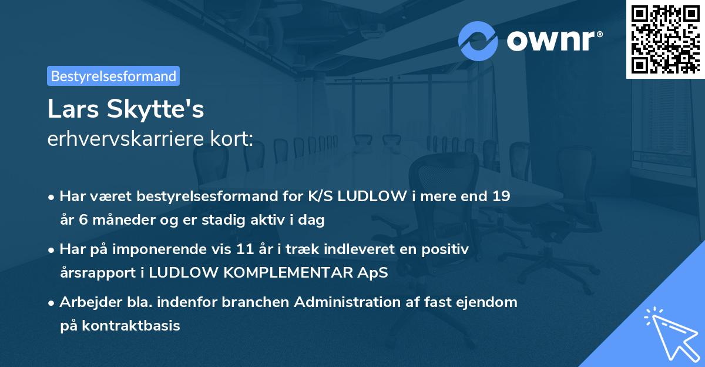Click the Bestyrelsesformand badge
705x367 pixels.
[x=113, y=76]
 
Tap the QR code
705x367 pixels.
[x=665, y=39]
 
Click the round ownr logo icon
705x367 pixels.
[x=478, y=41]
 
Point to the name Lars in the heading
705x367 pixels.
[x=73, y=109]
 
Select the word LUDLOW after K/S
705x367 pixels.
[x=368, y=196]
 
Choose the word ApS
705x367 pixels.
[x=374, y=273]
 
